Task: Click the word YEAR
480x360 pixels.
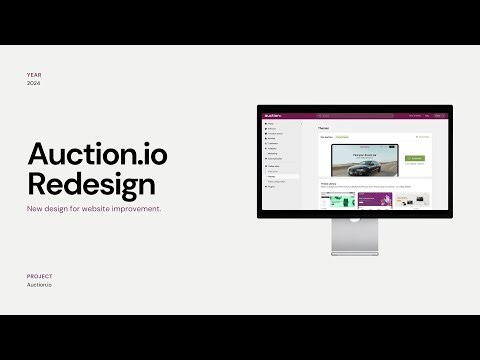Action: pyautogui.click(x=36, y=75)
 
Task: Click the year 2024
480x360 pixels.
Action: pyautogui.click(x=36, y=84)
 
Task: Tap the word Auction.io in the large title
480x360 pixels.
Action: pyautogui.click(x=97, y=154)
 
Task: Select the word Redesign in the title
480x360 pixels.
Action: pyautogui.click(x=91, y=184)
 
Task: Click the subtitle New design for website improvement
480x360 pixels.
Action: pyautogui.click(x=94, y=209)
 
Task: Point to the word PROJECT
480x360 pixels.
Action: pyautogui.click(x=40, y=275)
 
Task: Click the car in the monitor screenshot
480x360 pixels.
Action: pyautogui.click(x=363, y=164)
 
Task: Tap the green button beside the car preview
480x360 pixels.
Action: pyautogui.click(x=415, y=159)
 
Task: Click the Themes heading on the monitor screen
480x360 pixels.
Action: pyautogui.click(x=324, y=128)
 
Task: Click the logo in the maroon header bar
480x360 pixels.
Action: pyautogui.click(x=272, y=115)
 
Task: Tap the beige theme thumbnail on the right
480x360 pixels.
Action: pyautogui.click(x=410, y=199)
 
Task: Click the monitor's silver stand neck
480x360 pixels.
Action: pyautogui.click(x=353, y=240)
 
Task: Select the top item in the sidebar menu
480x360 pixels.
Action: pyautogui.click(x=271, y=123)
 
